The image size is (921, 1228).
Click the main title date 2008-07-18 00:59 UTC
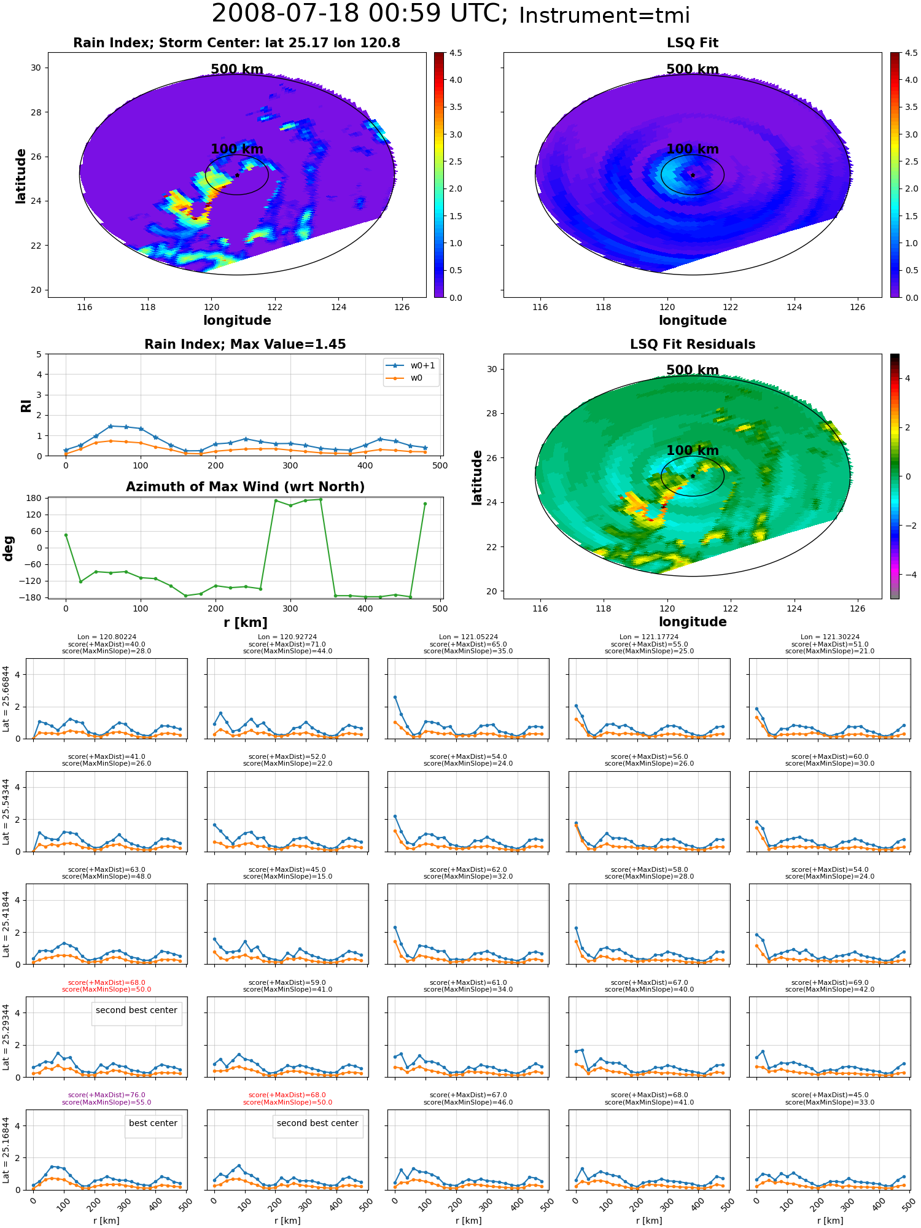pos(360,14)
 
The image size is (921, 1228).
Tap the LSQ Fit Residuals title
pos(693,344)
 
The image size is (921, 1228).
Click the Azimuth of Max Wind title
pos(245,487)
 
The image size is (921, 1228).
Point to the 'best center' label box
pos(153,1123)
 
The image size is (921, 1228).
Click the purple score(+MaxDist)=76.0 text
pos(106,1095)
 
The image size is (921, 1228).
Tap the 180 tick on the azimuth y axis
pos(33,498)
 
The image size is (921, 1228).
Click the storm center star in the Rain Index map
pos(237,175)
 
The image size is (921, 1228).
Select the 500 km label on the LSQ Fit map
pos(693,69)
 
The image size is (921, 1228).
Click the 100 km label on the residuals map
pos(693,451)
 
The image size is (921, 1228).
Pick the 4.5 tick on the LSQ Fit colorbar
pos(911,53)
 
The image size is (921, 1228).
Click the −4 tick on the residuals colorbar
pos(907,575)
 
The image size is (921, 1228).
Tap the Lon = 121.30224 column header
pos(830,637)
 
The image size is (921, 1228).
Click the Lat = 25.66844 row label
pos(6,699)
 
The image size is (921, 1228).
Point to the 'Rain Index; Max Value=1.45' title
pos(245,344)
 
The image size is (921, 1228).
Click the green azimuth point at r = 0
pos(66,535)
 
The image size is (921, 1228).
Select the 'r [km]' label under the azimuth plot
pos(246,623)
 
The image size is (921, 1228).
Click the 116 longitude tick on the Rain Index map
pos(85,307)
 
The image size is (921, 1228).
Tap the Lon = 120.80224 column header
pos(106,637)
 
